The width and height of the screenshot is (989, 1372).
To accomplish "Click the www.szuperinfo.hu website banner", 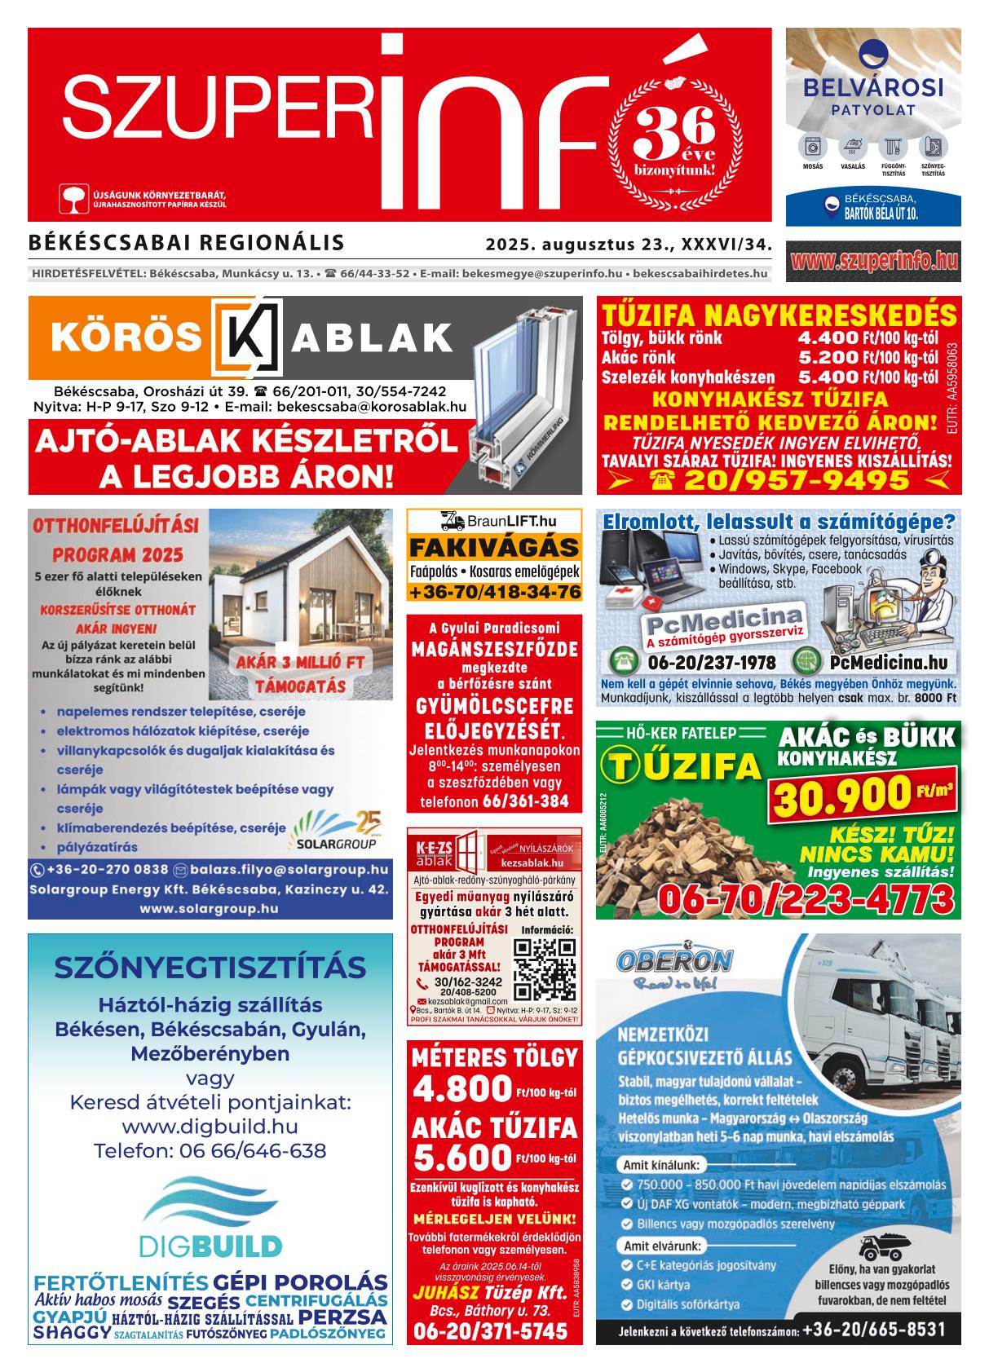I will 873,262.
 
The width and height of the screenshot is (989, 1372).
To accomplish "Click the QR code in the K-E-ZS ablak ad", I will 545,968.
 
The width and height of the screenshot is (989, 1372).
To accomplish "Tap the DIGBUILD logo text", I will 210,1246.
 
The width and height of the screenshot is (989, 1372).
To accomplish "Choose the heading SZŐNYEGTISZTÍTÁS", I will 210,968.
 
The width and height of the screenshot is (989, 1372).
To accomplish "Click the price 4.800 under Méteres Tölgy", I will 461,1089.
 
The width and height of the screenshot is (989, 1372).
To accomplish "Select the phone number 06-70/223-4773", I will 806,898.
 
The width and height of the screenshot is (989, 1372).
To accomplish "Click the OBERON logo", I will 674,960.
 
